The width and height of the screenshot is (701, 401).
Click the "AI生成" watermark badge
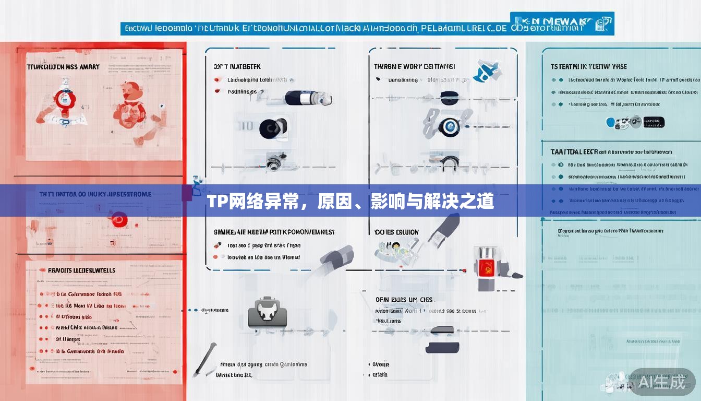tap(662, 382)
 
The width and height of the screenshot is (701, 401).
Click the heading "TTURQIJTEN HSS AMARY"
tap(63, 67)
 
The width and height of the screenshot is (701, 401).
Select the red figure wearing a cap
tap(130, 104)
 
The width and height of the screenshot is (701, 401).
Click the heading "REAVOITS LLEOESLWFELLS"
tap(81, 270)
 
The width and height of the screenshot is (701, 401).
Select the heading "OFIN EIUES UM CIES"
tap(404, 300)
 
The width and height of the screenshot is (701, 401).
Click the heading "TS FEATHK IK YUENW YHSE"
tap(589, 67)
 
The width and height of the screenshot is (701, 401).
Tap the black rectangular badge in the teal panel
tap(654, 122)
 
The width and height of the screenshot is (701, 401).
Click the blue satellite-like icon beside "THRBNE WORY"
tap(487, 70)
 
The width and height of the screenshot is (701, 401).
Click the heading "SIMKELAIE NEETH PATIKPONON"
tap(274, 232)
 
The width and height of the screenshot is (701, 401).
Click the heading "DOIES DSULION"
tap(396, 232)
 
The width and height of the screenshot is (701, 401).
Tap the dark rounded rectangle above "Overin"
tap(442, 347)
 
